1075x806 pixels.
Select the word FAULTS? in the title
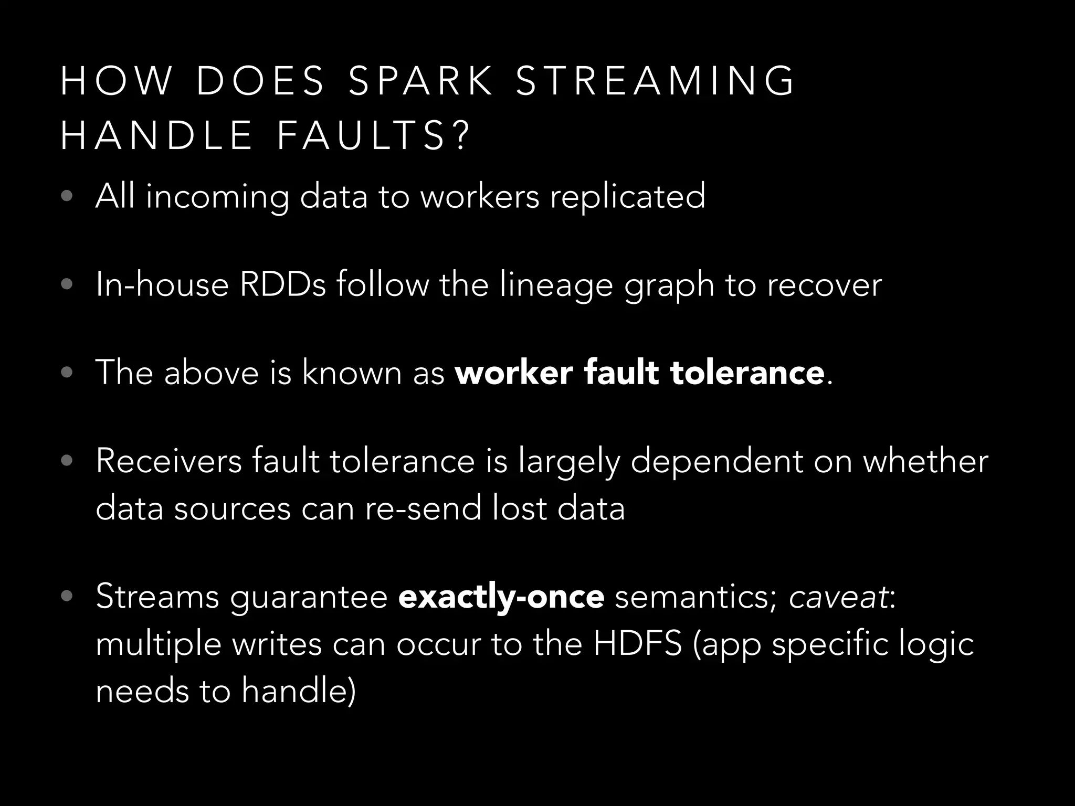[372, 136]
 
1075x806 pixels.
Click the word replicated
[627, 196]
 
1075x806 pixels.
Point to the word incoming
[217, 197]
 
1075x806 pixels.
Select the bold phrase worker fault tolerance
[639, 373]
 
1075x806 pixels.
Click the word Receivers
[168, 461]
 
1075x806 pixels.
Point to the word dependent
[716, 462]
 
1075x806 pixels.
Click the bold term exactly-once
[501, 597]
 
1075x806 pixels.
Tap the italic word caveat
[838, 597]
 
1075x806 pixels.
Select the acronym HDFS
[637, 643]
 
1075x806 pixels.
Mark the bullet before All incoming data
[66, 197]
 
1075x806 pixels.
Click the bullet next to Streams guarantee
[66, 597]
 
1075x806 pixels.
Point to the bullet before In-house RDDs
[66, 285]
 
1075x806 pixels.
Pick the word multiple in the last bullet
[158, 644]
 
